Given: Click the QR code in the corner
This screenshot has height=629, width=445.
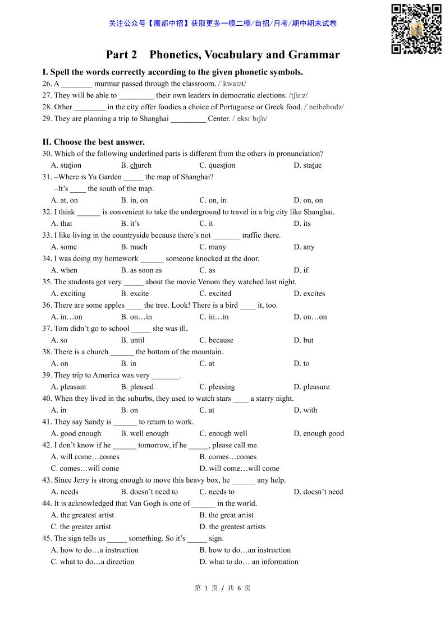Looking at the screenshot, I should coord(416,29).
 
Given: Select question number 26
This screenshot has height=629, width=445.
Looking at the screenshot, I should coord(47,84).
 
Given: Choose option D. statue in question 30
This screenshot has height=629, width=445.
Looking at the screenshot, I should coord(308,165).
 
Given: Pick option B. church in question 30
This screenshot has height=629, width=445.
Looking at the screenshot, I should coord(136,165).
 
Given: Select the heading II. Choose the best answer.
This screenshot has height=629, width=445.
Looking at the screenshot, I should coord(93,142).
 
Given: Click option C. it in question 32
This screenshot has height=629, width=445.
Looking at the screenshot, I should coord(206,224).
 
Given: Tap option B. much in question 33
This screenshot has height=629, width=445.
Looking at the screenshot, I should coord(134,247).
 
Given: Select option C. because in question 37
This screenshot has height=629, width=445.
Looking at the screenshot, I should coord(216,340).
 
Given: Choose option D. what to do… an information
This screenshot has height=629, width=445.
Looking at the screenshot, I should coord(249,562).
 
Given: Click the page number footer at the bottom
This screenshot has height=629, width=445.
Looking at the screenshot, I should coord(222,588).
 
